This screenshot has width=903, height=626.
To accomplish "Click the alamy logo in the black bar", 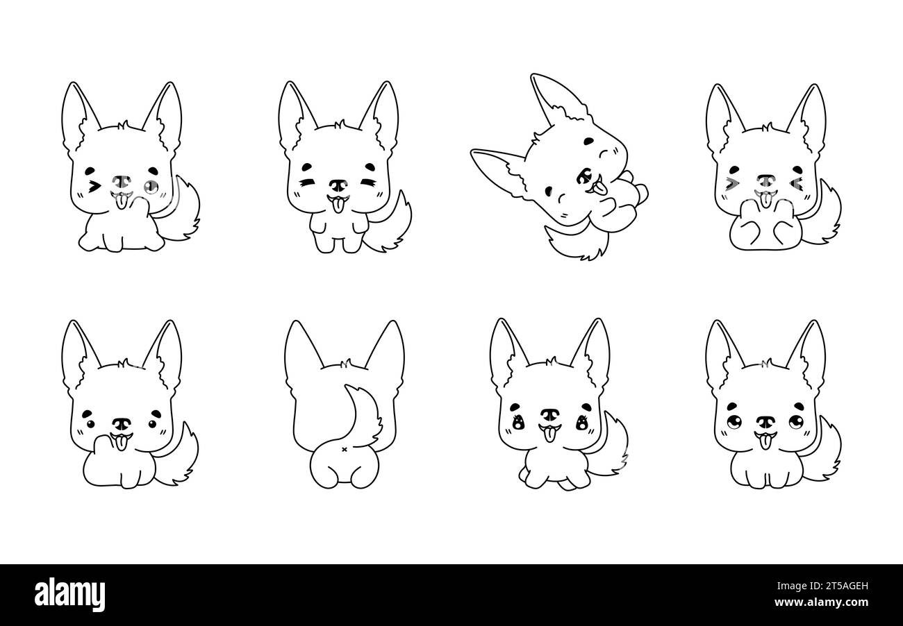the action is (69, 595).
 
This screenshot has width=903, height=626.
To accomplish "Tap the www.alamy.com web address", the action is (821, 602).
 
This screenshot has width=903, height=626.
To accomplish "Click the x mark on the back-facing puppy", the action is (344, 449).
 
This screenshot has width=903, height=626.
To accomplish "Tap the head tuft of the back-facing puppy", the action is (344, 364).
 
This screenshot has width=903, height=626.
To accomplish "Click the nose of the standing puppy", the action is (338, 186).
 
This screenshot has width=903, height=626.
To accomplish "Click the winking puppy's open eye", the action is (151, 186).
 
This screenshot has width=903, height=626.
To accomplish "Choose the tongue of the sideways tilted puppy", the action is (600, 188).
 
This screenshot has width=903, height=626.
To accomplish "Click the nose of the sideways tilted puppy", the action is (584, 176).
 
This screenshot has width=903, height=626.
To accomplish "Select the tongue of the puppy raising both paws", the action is (765, 200).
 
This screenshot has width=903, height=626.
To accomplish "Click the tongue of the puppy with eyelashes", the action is (549, 435).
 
